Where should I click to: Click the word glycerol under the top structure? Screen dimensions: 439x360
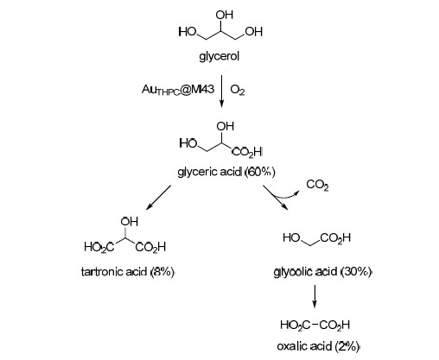pyautogui.click(x=219, y=57)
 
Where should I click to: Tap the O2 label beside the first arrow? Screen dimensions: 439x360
pyautogui.click(x=238, y=90)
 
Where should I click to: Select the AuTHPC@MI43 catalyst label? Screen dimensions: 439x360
pyautogui.click(x=178, y=90)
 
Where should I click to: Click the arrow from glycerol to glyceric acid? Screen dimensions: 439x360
pyautogui.click(x=221, y=92)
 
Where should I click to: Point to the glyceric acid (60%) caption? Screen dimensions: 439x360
pyautogui.click(x=226, y=172)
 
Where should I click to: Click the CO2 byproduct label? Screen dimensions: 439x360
pyautogui.click(x=317, y=185)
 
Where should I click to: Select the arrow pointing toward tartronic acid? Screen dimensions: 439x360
pyautogui.click(x=158, y=198)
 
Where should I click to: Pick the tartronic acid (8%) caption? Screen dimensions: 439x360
pyautogui.click(x=128, y=272)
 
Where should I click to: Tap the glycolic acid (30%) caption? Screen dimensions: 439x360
pyautogui.click(x=322, y=272)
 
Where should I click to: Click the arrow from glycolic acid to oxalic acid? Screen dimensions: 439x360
pyautogui.click(x=315, y=296)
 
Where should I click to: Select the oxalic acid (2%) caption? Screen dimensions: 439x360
pyautogui.click(x=318, y=346)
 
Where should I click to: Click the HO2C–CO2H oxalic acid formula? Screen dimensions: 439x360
pyautogui.click(x=315, y=325)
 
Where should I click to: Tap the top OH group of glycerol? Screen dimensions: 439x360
pyautogui.click(x=225, y=15)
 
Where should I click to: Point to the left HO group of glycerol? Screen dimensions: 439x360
pyautogui.click(x=188, y=32)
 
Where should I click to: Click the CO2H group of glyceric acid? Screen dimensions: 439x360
pyautogui.click(x=247, y=152)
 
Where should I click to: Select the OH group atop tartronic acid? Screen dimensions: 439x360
pyautogui.click(x=130, y=221)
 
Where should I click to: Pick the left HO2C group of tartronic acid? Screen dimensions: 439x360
pyautogui.click(x=99, y=247)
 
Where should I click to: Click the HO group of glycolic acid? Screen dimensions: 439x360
pyautogui.click(x=292, y=237)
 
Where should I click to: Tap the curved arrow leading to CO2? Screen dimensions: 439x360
pyautogui.click(x=285, y=197)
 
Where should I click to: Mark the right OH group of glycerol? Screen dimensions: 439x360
pyautogui.click(x=254, y=32)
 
